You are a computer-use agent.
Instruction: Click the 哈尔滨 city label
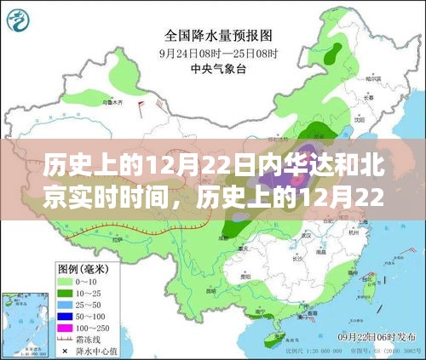point(372,78)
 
